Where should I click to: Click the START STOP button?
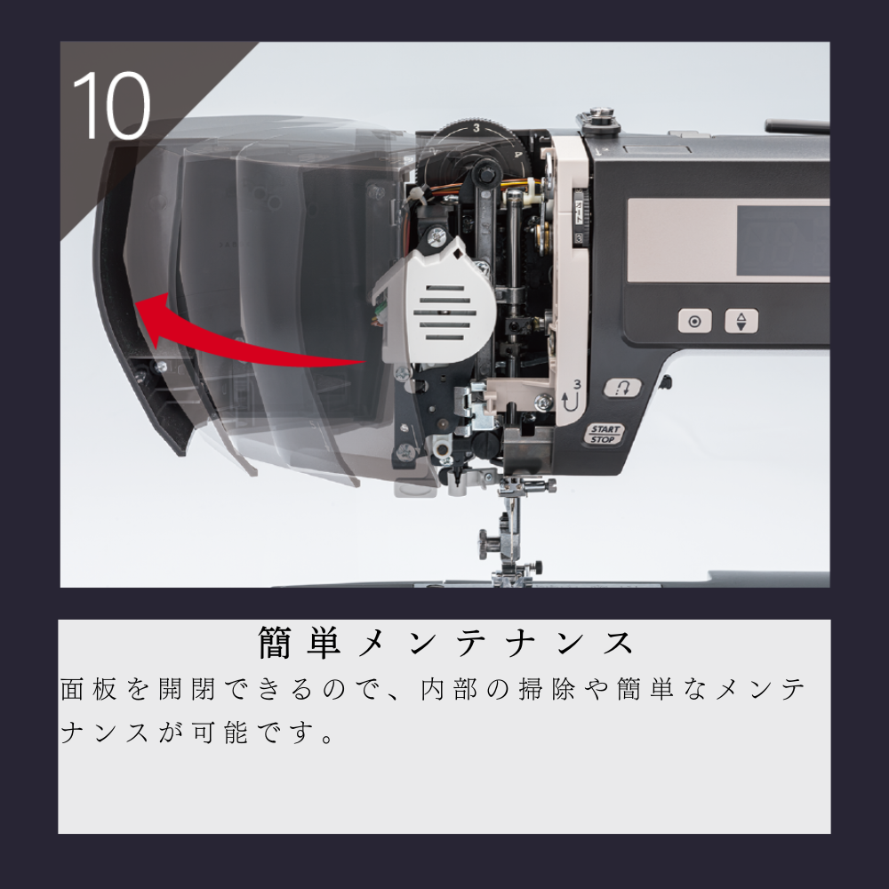click(x=605, y=434)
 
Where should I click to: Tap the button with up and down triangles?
click(x=741, y=321)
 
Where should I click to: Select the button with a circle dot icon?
click(x=694, y=321)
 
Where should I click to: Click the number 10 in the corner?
click(x=111, y=105)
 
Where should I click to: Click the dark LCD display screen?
click(x=782, y=238)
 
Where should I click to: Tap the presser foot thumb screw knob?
click(x=488, y=540)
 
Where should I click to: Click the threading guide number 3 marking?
click(x=575, y=384)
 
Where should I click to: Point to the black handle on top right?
click(x=796, y=126)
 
